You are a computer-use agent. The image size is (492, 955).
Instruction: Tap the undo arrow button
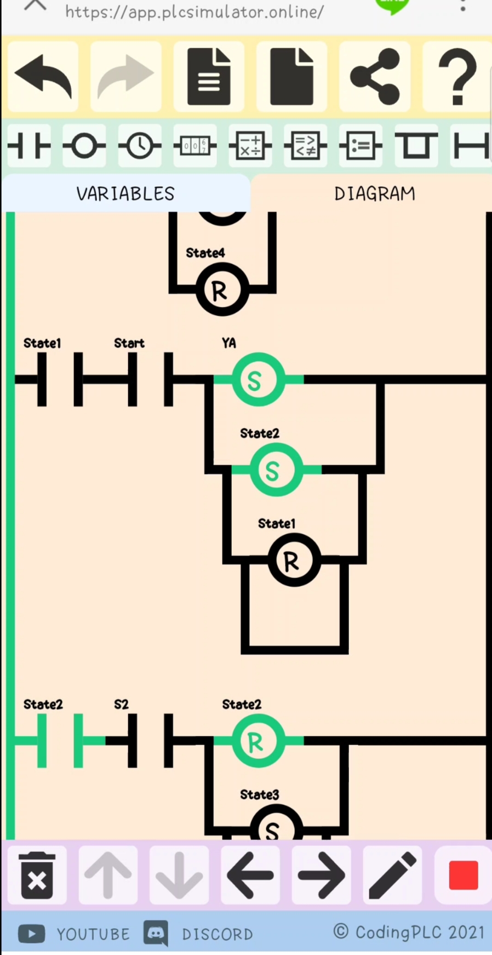click(43, 77)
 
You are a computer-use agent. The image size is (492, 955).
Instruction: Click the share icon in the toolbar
click(375, 77)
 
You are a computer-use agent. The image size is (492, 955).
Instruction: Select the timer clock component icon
click(140, 146)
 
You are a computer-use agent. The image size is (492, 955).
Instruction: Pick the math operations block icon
click(250, 146)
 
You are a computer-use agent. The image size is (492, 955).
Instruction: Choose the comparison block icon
click(305, 146)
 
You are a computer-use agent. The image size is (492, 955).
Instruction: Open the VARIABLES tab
click(125, 193)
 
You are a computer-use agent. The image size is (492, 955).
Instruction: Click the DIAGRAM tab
click(374, 193)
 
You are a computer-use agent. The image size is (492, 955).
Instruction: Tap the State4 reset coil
click(222, 289)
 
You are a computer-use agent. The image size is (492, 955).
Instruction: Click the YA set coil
click(258, 379)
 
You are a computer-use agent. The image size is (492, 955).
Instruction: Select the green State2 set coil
click(276, 470)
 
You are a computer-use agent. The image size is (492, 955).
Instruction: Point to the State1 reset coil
click(294, 560)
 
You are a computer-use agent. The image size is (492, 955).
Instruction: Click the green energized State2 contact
click(60, 741)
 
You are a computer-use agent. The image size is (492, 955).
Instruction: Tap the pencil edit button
click(392, 875)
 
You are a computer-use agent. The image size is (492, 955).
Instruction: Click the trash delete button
click(37, 875)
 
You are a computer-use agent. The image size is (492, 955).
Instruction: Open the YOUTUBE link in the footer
click(75, 934)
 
